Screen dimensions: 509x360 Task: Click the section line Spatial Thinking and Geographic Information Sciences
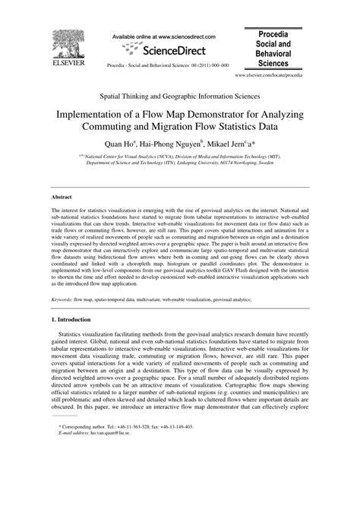180,97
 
